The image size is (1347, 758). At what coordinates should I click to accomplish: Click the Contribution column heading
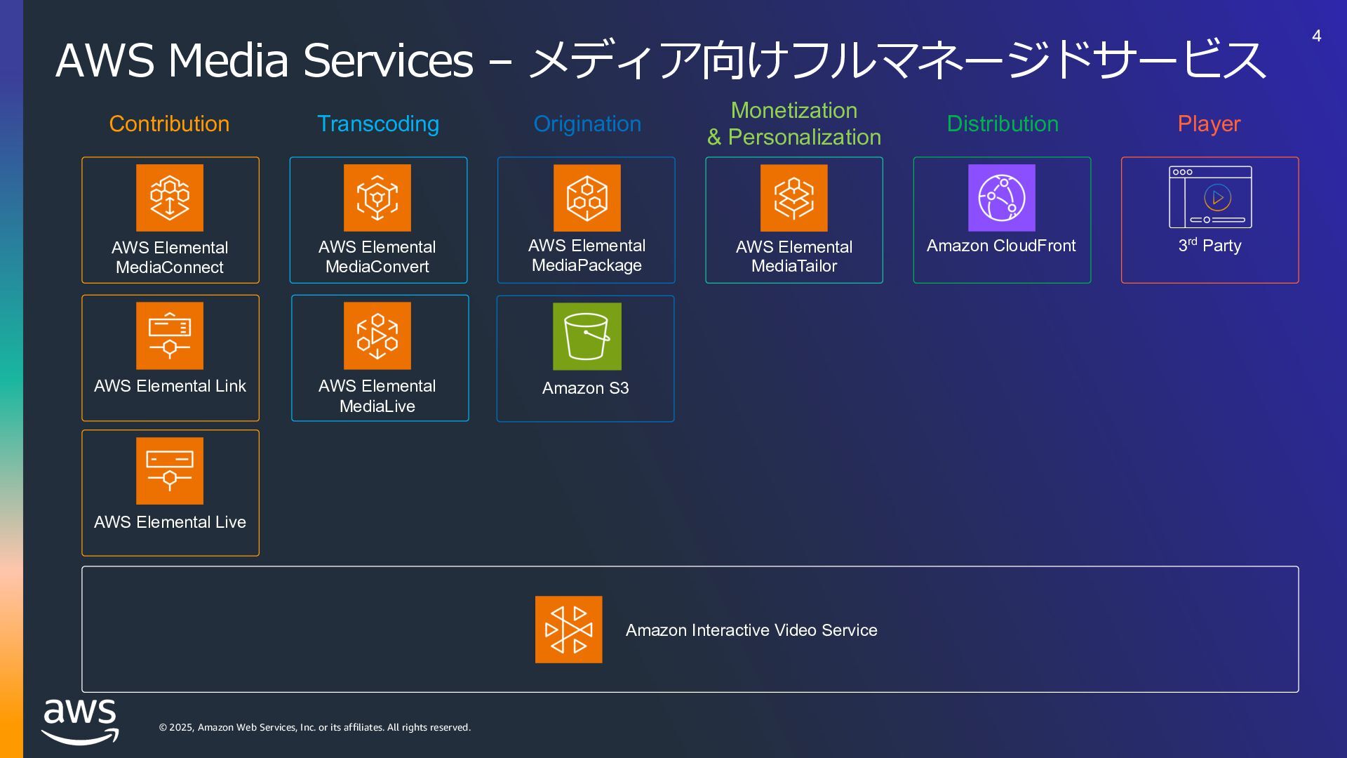coord(169,124)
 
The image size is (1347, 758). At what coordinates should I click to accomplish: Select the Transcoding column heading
coord(378,124)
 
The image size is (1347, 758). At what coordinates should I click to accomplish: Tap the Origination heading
coord(587,124)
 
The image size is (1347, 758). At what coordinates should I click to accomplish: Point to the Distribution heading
coord(1003,124)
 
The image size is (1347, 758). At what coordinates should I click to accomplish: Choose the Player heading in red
coord(1209,124)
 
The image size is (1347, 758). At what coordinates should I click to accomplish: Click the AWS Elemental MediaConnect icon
coord(170,198)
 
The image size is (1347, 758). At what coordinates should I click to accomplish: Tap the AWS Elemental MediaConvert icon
coord(377,198)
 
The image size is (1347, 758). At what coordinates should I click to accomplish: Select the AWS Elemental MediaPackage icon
coord(587,198)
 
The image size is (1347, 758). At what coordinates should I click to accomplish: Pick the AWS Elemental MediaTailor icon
coord(793,198)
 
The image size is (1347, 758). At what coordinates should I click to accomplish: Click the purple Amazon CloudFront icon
coord(1001,198)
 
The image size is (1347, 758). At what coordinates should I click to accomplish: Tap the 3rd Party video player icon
coord(1210,197)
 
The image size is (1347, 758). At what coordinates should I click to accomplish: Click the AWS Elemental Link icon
coord(170,335)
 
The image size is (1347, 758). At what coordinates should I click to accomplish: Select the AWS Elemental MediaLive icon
coord(377,335)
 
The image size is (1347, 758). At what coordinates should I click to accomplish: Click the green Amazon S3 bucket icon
coord(587,336)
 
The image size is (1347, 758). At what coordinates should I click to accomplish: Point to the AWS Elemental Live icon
coord(170,471)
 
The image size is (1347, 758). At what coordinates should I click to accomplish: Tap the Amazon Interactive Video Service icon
coord(568,630)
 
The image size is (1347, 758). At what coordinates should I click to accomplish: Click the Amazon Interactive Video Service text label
coord(751,630)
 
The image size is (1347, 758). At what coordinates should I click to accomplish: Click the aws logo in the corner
coord(80,722)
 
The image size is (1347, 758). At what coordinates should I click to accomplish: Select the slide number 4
coord(1317,36)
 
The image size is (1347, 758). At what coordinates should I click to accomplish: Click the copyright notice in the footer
coord(314,727)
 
